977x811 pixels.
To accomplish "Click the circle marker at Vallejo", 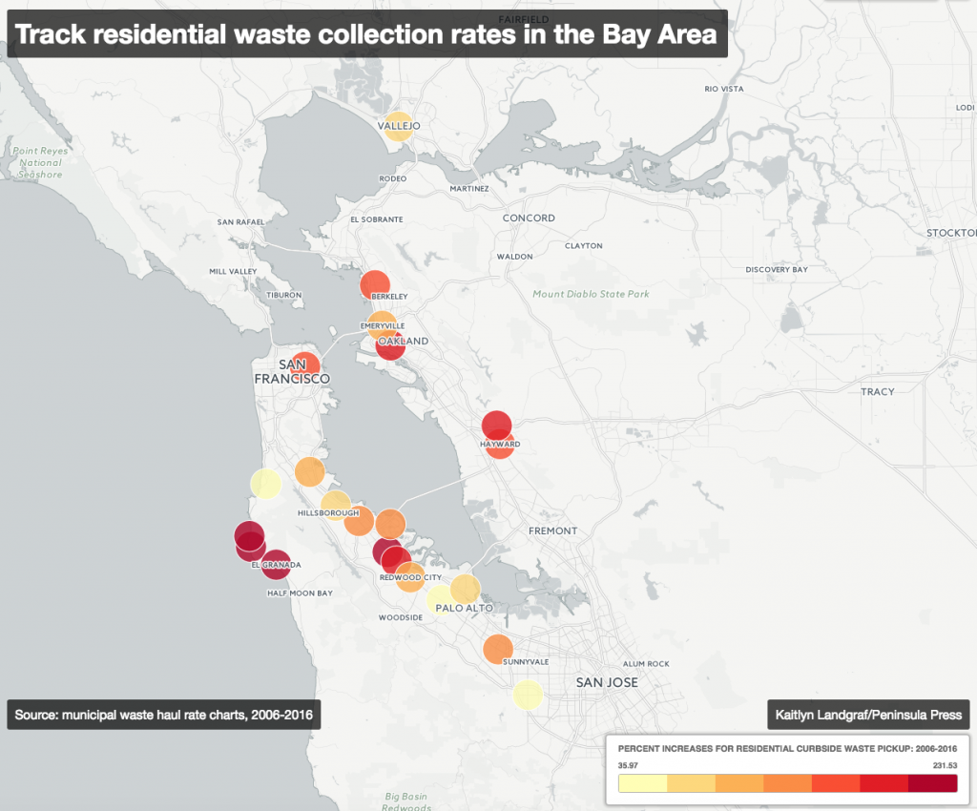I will (399, 127).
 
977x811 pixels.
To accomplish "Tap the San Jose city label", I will (607, 682).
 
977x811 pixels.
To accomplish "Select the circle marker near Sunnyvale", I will (497, 649).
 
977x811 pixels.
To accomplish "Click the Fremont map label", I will (552, 530).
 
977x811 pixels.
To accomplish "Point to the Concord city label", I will (529, 218).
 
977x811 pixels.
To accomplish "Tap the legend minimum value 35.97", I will (628, 764).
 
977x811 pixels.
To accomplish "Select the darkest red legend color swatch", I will (932, 783).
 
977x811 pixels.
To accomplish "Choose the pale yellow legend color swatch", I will (643, 783).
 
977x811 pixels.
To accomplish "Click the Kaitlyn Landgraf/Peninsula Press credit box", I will (867, 715).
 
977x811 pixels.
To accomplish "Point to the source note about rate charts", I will (163, 715).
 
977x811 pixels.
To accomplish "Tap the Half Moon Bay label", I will (300, 593).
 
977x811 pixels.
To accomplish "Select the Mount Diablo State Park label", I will (591, 294).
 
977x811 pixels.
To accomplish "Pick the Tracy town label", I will (877, 392).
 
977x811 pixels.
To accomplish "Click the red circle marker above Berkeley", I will (375, 284).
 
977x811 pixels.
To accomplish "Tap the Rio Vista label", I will (723, 89).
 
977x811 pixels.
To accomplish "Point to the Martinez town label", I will (468, 189).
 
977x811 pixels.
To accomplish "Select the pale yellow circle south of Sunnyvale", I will (528, 695).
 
